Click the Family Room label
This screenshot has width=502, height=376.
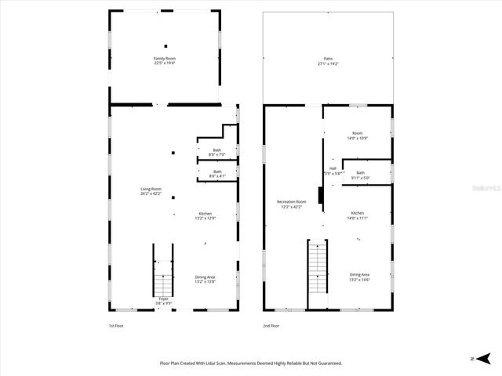[x=164, y=59]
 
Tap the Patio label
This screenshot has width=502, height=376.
[x=328, y=59]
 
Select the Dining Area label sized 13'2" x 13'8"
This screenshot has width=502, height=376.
[x=205, y=277]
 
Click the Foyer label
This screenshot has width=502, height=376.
[x=163, y=299]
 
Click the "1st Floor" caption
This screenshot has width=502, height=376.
[x=116, y=325]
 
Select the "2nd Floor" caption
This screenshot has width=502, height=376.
[x=271, y=325]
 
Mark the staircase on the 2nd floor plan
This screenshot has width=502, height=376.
[x=317, y=266]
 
